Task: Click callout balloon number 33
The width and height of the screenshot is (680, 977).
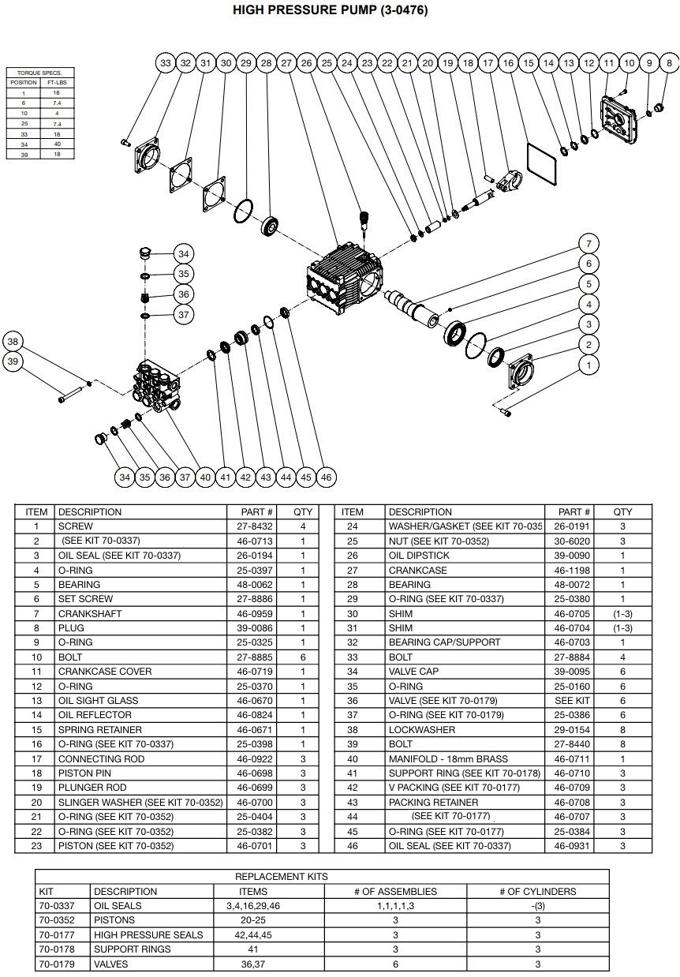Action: click(x=165, y=62)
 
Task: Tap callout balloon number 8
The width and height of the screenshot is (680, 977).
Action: click(x=670, y=62)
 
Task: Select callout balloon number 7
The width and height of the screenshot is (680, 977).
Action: click(x=588, y=243)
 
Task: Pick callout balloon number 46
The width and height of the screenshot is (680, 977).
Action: click(x=326, y=477)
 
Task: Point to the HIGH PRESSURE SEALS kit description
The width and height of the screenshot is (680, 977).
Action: click(x=148, y=935)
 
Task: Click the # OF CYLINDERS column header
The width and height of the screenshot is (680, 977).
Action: click(x=537, y=892)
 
